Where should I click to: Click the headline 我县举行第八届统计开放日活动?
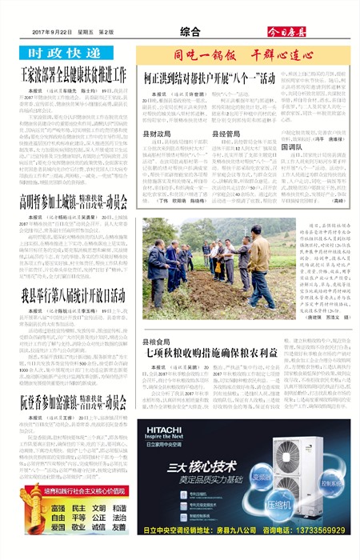tap(72, 294)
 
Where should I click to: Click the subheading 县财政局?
tap(158, 134)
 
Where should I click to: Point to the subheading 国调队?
tap(294, 148)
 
